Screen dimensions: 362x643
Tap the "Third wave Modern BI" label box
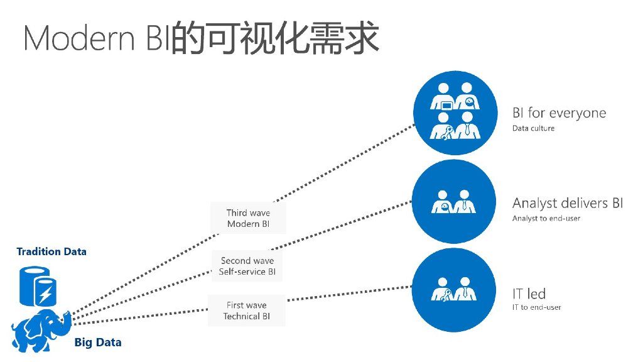point(248,218)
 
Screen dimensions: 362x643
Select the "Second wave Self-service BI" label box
point(247,266)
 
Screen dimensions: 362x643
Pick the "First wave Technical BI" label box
point(246,310)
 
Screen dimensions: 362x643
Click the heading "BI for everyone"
point(559,113)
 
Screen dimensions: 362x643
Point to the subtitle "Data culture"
point(533,128)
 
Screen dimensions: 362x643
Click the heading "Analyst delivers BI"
point(568,203)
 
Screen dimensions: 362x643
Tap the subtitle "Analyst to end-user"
point(546,218)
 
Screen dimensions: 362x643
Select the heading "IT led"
point(529,293)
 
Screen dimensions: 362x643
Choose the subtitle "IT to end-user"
point(536,307)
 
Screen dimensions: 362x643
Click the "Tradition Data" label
point(51,251)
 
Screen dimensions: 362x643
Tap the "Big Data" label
point(98,343)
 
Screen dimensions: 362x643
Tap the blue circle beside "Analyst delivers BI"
point(454,202)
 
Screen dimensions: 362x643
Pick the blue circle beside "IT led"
point(454,290)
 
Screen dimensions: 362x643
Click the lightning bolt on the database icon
point(45,293)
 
